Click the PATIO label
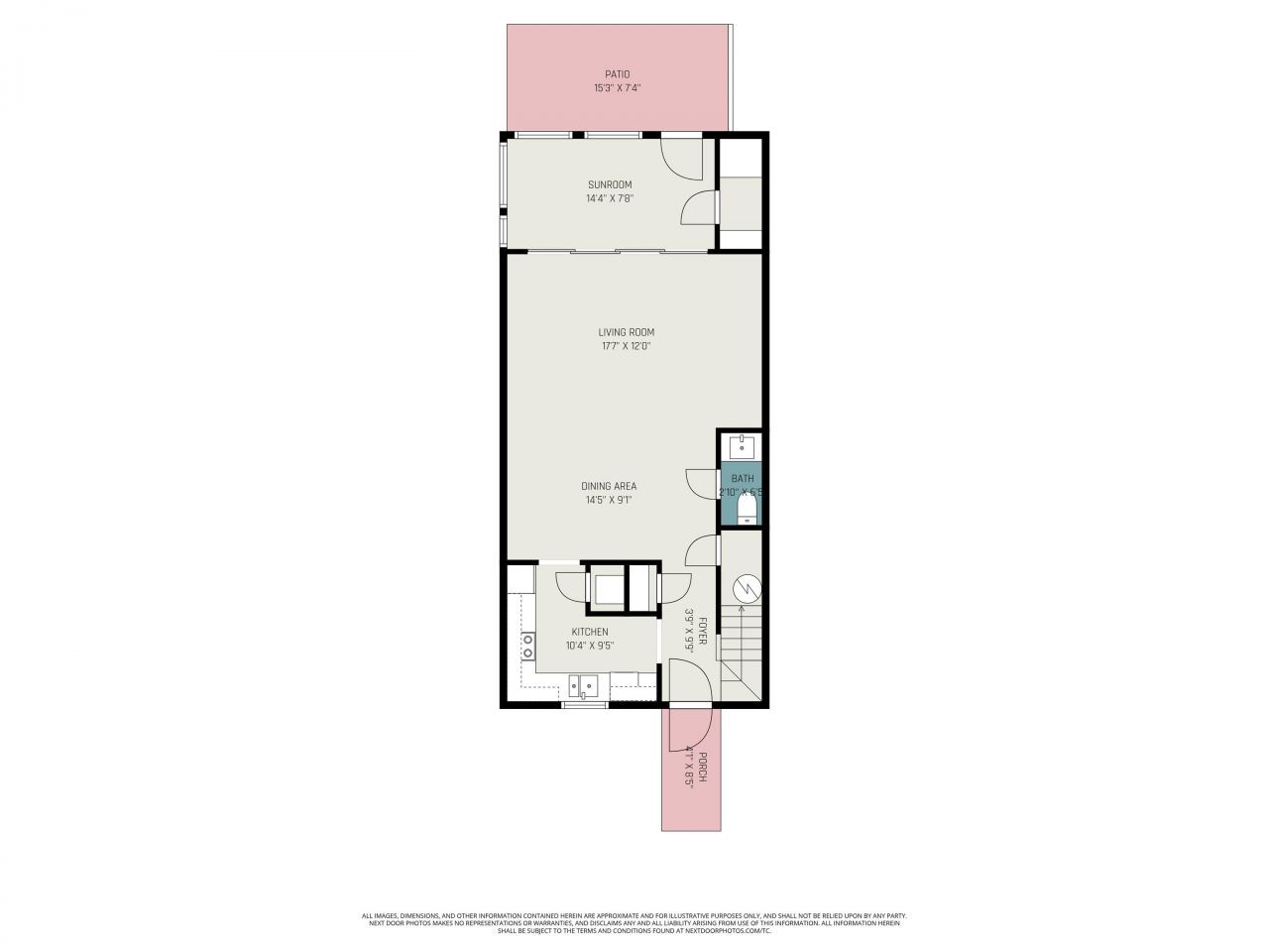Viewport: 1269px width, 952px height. pos(617,74)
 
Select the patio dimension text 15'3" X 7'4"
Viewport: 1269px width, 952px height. pos(617,88)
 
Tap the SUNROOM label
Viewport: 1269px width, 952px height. pos(609,184)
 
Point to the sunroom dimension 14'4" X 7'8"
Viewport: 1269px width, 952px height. pos(609,198)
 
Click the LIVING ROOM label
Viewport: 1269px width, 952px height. pos(626,332)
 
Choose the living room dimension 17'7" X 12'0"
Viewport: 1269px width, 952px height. pos(626,346)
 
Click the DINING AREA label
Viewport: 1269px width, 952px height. pos(608,486)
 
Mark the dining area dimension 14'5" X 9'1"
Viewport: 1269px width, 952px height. pos(608,500)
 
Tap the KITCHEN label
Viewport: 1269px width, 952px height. pos(589,632)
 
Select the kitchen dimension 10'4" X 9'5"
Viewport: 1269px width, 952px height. pos(589,646)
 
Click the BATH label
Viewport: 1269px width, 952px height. pos(743,479)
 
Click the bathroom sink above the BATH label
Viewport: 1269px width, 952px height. pos(742,445)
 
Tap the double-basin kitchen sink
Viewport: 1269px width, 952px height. pos(584,685)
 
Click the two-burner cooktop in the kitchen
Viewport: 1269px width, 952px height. pos(527,647)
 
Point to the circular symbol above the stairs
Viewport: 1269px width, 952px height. pos(746,589)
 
